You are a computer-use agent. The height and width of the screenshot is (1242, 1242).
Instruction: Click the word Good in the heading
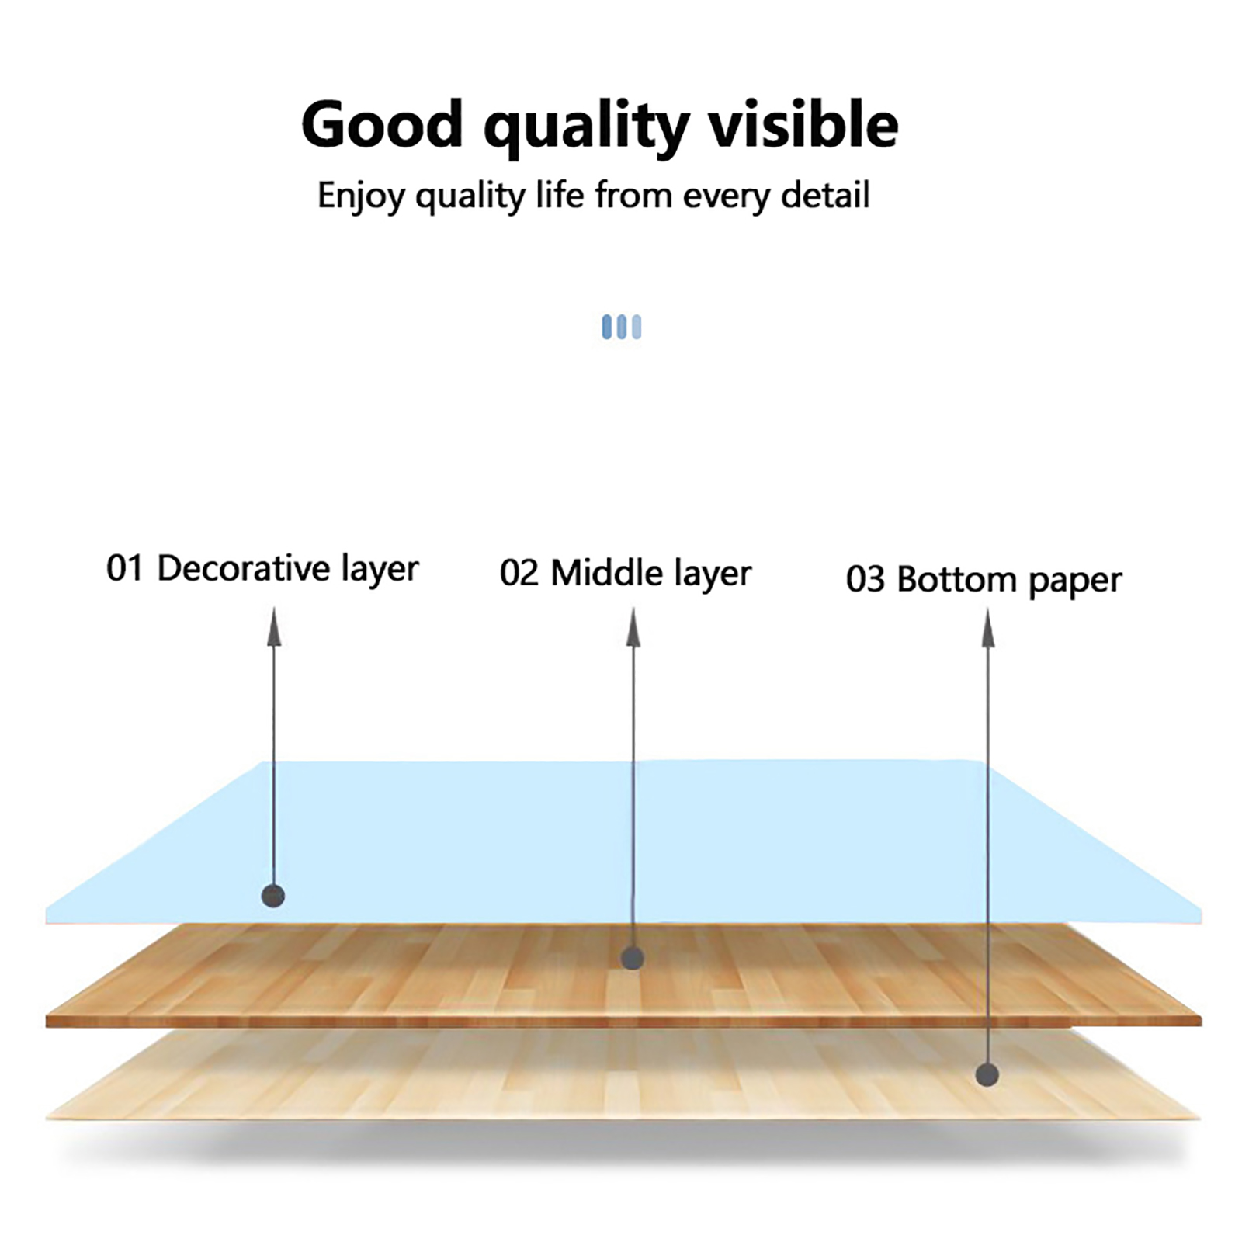click(x=382, y=124)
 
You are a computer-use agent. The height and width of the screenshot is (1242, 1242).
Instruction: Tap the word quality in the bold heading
click(x=587, y=128)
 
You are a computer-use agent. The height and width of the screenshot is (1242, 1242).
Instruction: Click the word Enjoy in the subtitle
click(x=361, y=196)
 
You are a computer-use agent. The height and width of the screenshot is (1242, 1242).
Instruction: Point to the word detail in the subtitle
click(x=825, y=195)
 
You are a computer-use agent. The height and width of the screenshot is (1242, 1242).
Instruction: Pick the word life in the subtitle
click(x=559, y=195)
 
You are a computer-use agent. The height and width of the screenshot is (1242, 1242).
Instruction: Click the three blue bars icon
click(x=622, y=327)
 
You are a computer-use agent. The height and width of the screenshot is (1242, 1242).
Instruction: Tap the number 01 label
click(x=124, y=569)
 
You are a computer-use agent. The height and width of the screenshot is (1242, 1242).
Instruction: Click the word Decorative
click(x=244, y=568)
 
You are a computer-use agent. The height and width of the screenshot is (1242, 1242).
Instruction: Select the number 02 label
click(x=519, y=574)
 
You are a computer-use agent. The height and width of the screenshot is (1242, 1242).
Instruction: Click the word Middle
click(x=607, y=574)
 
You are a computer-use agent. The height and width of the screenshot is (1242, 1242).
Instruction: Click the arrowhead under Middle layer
click(x=633, y=627)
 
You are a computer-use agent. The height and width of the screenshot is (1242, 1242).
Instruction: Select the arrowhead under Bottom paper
click(x=988, y=627)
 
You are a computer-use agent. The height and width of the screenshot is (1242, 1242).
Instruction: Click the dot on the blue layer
click(x=273, y=897)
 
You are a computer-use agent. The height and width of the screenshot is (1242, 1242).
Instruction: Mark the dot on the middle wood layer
click(x=633, y=958)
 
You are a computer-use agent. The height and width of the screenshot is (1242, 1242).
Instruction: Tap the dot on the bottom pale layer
click(x=987, y=1075)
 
